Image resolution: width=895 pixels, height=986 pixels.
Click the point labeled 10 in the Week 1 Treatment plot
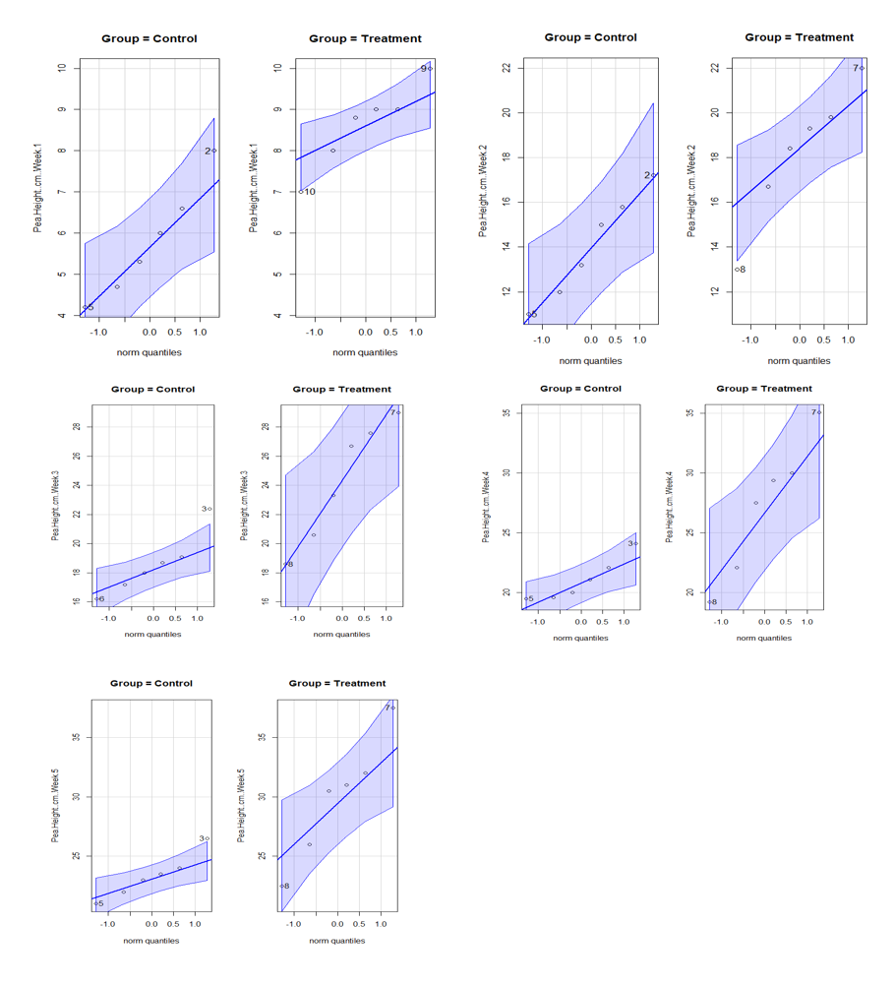pyautogui.click(x=301, y=191)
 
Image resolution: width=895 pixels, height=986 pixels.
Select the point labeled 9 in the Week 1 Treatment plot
pyautogui.click(x=430, y=68)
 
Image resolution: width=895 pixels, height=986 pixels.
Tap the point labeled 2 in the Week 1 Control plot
pyautogui.click(x=214, y=151)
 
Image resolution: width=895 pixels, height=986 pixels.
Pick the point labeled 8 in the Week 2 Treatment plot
pyautogui.click(x=736, y=269)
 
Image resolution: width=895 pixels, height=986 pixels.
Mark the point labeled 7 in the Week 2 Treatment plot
pyautogui.click(x=862, y=68)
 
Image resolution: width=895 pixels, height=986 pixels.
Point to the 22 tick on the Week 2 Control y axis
pyautogui.click(x=506, y=68)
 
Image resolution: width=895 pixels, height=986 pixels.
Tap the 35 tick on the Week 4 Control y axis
pyautogui.click(x=506, y=413)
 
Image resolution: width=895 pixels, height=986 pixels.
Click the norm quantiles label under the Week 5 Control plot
pyautogui.click(x=150, y=940)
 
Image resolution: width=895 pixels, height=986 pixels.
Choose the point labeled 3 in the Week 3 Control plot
pyautogui.click(x=209, y=509)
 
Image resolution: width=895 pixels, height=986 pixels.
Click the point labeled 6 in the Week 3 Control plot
pyautogui.click(x=96, y=598)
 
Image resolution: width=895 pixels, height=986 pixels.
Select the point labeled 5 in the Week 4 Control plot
pyautogui.click(x=525, y=598)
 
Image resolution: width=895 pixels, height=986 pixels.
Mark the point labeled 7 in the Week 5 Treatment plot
pyautogui.click(x=393, y=708)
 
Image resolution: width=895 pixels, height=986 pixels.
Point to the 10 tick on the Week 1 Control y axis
pyautogui.click(x=61, y=68)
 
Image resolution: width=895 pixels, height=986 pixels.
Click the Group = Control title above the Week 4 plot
pyautogui.click(x=580, y=389)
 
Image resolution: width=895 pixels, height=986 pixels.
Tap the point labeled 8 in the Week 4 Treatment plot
pyautogui.click(x=708, y=601)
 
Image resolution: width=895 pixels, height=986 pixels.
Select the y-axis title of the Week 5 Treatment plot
pyautogui.click(x=242, y=805)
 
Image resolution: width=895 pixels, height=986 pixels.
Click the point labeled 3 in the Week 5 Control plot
pyautogui.click(x=207, y=838)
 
